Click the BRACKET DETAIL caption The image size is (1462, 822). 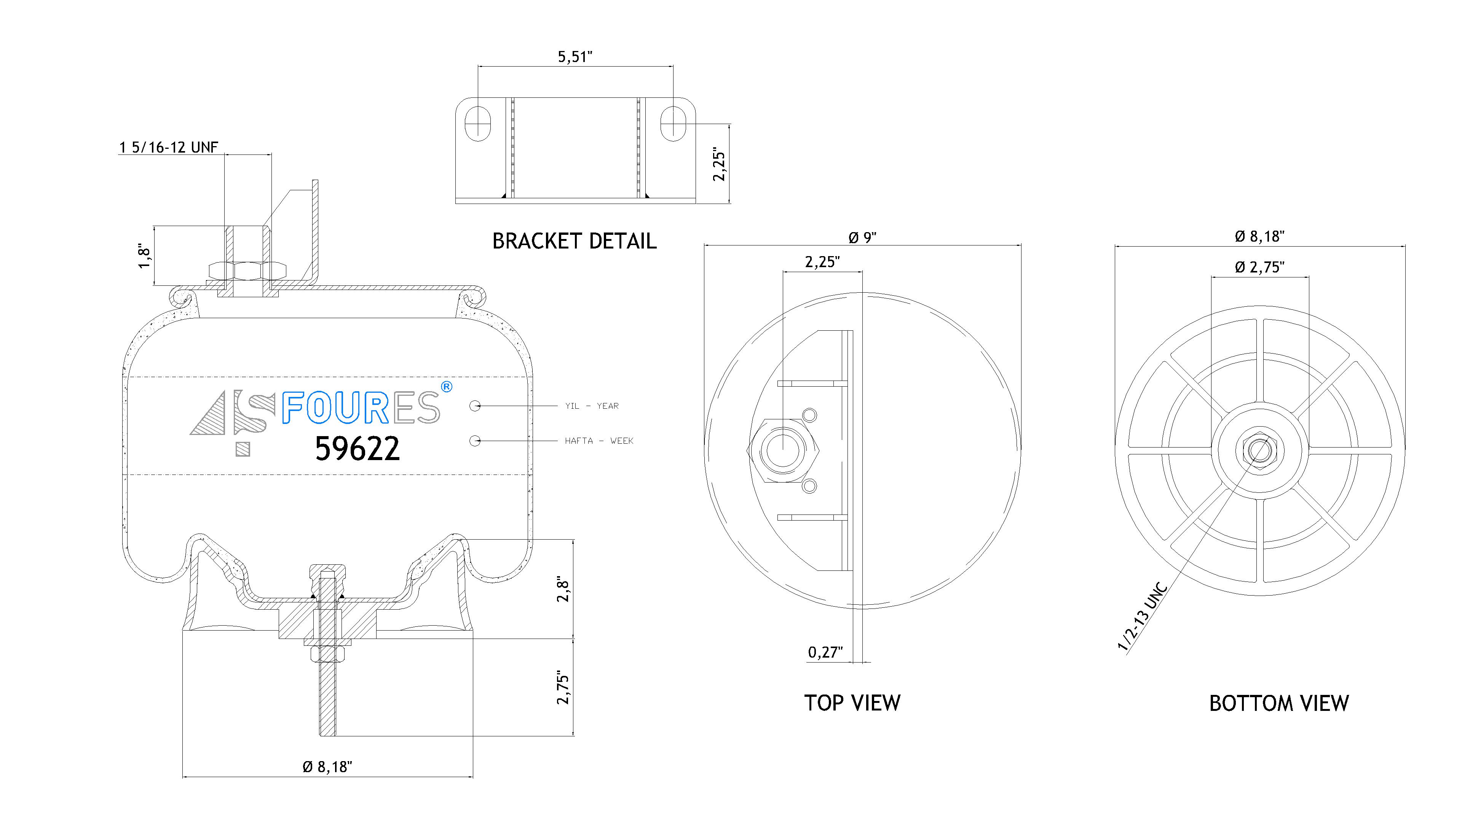575,241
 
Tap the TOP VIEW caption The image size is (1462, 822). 852,703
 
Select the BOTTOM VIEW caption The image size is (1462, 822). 1279,703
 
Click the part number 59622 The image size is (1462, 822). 358,449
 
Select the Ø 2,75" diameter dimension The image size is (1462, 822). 1259,267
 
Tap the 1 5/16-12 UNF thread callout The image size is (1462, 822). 169,148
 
